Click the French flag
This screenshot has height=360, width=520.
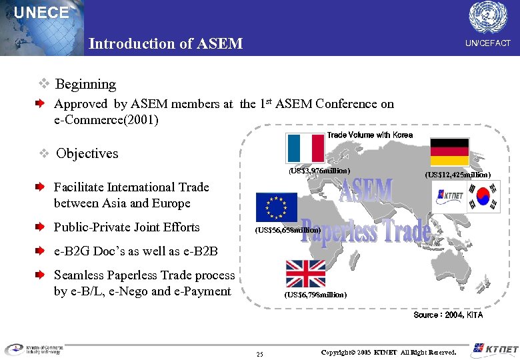pyautogui.click(x=305, y=148)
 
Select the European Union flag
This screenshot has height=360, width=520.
pyautogui.click(x=276, y=207)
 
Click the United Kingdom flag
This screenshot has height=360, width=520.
pyautogui.click(x=305, y=273)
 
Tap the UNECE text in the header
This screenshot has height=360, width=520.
pyautogui.click(x=41, y=13)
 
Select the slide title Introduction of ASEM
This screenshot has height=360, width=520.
pyautogui.click(x=165, y=44)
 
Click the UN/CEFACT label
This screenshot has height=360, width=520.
pyautogui.click(x=487, y=43)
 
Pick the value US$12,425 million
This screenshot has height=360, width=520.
pyautogui.click(x=458, y=175)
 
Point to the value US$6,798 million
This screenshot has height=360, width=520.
pyautogui.click(x=315, y=294)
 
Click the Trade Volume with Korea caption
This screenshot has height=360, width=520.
pyautogui.click(x=369, y=135)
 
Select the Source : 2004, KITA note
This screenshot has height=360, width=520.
pyautogui.click(x=448, y=315)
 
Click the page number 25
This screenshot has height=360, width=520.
pyautogui.click(x=259, y=353)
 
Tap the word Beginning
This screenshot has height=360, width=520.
pyautogui.click(x=85, y=85)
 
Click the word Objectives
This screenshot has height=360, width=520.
pyautogui.click(x=87, y=153)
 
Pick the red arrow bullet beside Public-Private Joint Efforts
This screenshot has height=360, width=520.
pyautogui.click(x=41, y=227)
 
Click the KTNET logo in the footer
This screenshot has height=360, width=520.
pyautogui.click(x=492, y=349)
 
